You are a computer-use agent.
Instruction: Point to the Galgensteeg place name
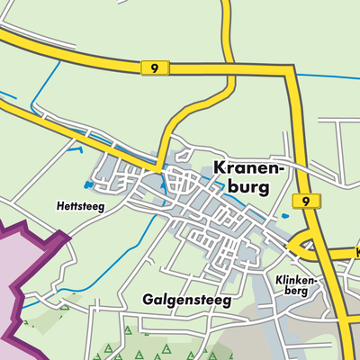186,298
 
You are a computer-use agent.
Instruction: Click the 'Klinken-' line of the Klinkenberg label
299,280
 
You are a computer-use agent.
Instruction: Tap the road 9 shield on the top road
155,67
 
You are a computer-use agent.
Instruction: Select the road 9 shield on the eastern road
307,201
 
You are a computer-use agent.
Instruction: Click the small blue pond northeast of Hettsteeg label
88,186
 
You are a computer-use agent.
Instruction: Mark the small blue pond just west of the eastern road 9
285,216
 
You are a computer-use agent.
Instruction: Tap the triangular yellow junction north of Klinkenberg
303,243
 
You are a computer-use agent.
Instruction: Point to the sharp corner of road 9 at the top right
290,70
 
